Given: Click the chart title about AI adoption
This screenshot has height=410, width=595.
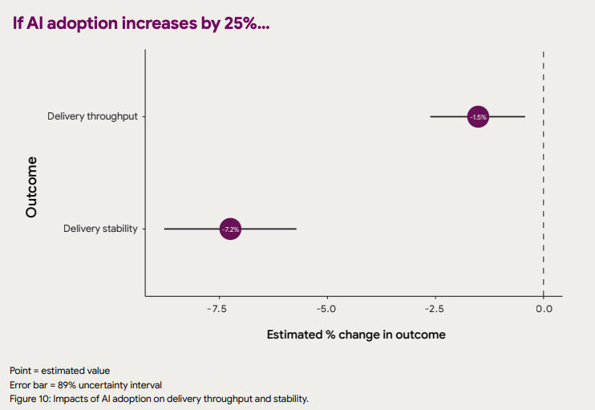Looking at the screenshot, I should pyautogui.click(x=141, y=23).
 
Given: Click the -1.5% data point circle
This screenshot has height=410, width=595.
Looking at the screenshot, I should pyautogui.click(x=478, y=117).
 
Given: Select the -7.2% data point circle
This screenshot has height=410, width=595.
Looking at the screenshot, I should pyautogui.click(x=230, y=229).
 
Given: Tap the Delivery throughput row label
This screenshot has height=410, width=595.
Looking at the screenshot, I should pyautogui.click(x=92, y=116).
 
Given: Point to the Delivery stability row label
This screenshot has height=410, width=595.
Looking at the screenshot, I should pyautogui.click(x=100, y=229).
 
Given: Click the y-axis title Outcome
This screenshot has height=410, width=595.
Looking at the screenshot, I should pyautogui.click(x=31, y=187).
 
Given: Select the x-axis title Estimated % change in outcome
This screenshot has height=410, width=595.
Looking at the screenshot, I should pyautogui.click(x=355, y=335).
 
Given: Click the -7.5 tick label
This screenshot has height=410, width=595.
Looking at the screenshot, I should pyautogui.click(x=217, y=309).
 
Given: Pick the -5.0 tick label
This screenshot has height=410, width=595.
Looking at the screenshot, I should pyautogui.click(x=326, y=309).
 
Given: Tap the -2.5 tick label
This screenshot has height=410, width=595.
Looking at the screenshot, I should pyautogui.click(x=434, y=309).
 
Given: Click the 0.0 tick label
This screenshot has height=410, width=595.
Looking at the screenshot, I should pyautogui.click(x=544, y=309).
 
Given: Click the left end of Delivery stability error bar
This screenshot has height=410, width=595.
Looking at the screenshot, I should pyautogui.click(x=164, y=229).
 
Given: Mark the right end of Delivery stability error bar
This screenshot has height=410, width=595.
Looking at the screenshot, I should pyautogui.click(x=296, y=229).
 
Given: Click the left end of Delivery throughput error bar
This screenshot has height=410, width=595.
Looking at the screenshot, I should pyautogui.click(x=431, y=117).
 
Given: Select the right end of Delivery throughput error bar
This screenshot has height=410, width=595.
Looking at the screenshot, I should pyautogui.click(x=524, y=117).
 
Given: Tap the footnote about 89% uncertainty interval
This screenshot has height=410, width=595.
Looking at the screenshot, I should pyautogui.click(x=86, y=384).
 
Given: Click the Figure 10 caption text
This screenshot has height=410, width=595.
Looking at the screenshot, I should pyautogui.click(x=159, y=398).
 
